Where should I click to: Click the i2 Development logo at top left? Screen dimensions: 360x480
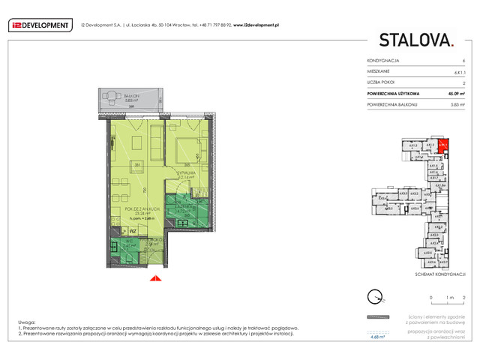40,25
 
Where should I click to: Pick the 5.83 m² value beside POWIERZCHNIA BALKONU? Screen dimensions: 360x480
458,105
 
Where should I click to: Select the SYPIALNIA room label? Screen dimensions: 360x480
185,172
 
